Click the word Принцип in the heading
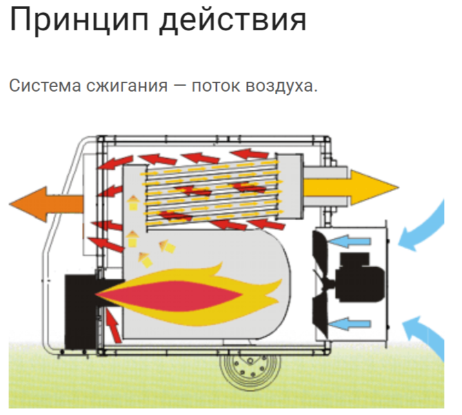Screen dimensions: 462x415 click(79, 20)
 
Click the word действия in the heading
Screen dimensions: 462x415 click(233, 20)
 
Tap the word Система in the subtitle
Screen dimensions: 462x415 click(45, 85)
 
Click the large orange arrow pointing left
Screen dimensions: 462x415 click(46, 204)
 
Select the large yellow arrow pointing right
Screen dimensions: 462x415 click(351, 187)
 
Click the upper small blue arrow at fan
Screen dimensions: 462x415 click(350, 241)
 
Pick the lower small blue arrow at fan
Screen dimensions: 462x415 click(350, 324)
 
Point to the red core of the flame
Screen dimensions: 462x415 click(170, 296)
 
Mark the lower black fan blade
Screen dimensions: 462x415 click(321, 316)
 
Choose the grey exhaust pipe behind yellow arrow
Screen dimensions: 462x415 click(326, 187)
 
